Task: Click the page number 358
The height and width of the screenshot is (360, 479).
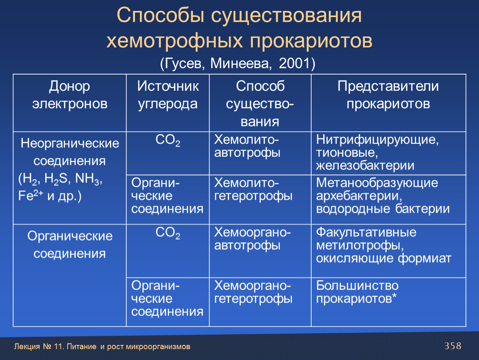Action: coord(453,346)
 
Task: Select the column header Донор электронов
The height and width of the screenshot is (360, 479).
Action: coord(70,95)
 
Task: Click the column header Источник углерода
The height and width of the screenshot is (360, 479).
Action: coord(168,95)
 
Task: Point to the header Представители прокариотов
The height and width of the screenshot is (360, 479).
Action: coord(388,95)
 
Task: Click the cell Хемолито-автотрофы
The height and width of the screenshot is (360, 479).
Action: coord(247,146)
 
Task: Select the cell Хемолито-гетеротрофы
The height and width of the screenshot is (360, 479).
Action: coord(253,190)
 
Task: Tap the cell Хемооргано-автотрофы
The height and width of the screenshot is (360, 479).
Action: coord(252,239)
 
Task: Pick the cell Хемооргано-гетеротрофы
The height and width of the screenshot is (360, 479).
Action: coord(253,292)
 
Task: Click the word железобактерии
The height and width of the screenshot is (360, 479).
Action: coord(365,166)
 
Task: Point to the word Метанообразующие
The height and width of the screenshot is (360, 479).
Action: coord(377,183)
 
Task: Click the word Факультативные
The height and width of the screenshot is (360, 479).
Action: coord(366,232)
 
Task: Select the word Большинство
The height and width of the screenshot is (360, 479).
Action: coord(357,286)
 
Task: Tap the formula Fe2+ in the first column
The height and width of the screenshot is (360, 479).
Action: coord(30,195)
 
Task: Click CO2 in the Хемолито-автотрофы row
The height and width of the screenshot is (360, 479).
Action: coord(168,140)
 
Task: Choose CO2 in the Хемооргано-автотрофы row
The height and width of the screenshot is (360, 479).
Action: coord(168,233)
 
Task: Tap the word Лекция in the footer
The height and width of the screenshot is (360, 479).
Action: coord(27,347)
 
